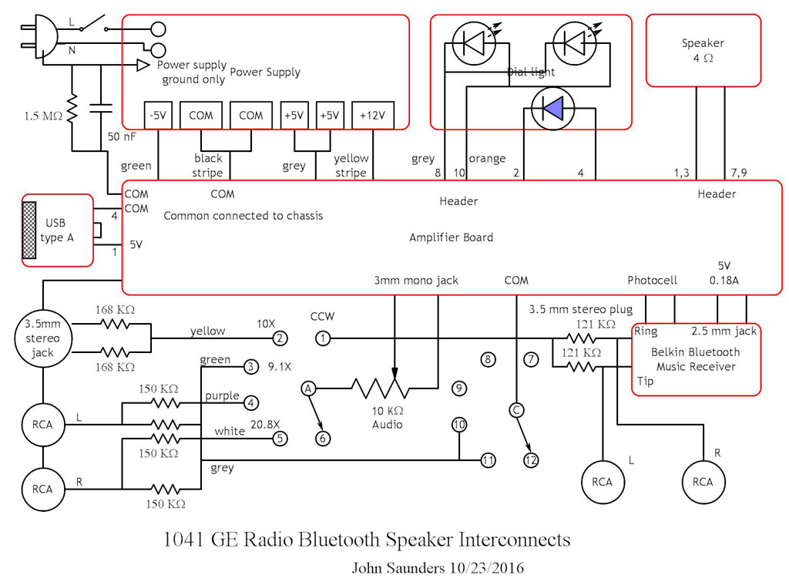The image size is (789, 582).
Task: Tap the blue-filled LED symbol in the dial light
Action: coord(552,109)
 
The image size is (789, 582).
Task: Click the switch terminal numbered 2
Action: coord(280,338)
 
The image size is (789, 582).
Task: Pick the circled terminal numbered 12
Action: coord(531,460)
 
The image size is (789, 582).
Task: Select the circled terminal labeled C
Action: coord(516,410)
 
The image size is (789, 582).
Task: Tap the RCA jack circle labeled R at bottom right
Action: coord(703,482)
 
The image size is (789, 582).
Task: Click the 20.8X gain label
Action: coord(276,422)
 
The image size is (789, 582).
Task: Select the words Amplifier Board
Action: coord(451,237)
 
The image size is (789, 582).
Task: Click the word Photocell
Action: coord(652,281)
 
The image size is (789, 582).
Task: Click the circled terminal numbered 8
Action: coord(486,358)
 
